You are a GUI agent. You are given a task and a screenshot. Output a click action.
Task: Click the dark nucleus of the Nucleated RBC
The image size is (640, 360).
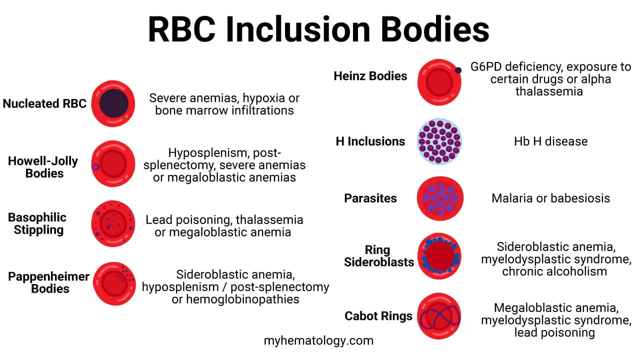coord(113,104)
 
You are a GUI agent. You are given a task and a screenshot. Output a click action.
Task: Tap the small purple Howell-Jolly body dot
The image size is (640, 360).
coord(95,166)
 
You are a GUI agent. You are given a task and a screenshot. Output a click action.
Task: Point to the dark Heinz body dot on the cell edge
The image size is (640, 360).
coord(458,70)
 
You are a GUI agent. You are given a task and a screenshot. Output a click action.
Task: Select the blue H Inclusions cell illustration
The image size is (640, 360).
coord(439,141)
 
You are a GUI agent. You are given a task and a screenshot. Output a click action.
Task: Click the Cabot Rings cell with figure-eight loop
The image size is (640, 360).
coord(439,316)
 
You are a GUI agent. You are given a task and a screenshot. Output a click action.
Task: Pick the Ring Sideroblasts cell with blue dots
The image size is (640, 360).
coord(439,256)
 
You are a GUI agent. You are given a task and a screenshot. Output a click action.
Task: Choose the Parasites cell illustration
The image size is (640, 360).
coord(440,198)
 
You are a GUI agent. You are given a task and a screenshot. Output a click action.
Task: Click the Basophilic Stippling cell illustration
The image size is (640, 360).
coord(113,223)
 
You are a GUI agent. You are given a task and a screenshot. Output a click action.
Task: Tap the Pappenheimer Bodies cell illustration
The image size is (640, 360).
coord(113,283)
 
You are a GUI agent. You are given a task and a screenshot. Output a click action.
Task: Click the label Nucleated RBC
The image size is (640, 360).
coord(44,104)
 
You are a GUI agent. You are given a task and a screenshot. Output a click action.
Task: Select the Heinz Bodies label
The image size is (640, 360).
coord(370,76)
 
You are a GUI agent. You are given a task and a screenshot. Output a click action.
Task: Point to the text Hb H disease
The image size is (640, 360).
coord(550,141)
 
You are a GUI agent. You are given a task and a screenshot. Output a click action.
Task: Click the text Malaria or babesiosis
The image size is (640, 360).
coord(550,198)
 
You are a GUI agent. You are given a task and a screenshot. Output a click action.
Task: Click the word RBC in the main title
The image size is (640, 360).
coord(182,29)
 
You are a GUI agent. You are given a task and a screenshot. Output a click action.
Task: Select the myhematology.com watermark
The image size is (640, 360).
coord(318,341)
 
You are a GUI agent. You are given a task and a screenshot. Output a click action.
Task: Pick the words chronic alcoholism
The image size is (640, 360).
coord(554,271)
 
